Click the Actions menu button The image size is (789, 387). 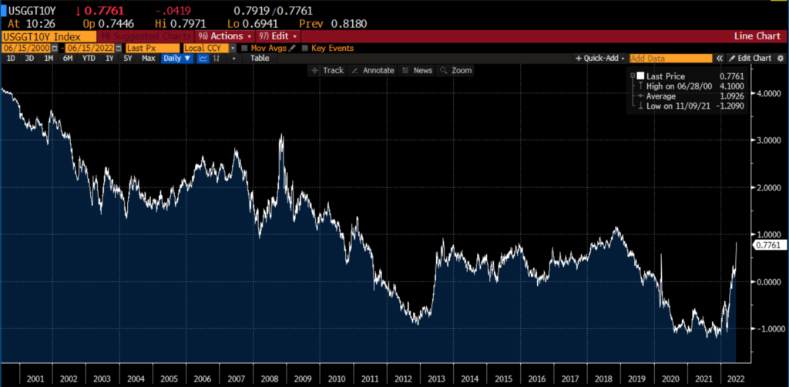[x=225, y=36]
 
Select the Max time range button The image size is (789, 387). [x=149, y=59]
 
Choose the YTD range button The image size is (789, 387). [x=89, y=59]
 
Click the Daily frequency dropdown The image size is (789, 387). [x=176, y=59]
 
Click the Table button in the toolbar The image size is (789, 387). [x=260, y=59]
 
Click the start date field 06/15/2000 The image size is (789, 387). [x=22, y=48]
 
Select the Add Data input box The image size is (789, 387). [x=670, y=59]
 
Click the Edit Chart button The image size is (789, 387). [x=751, y=59]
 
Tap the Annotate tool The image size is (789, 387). [x=373, y=70]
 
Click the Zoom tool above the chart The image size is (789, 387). [x=456, y=70]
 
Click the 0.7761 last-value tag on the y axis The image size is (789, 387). [x=767, y=245]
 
